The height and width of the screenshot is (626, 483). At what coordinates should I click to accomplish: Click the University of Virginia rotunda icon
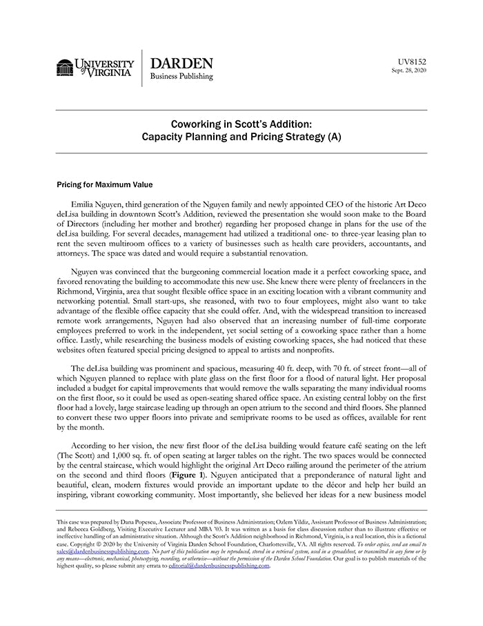(65, 68)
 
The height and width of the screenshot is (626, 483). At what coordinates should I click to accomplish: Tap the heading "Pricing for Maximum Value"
(105, 184)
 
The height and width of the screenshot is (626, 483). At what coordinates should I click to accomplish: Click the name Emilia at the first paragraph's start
(85, 205)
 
